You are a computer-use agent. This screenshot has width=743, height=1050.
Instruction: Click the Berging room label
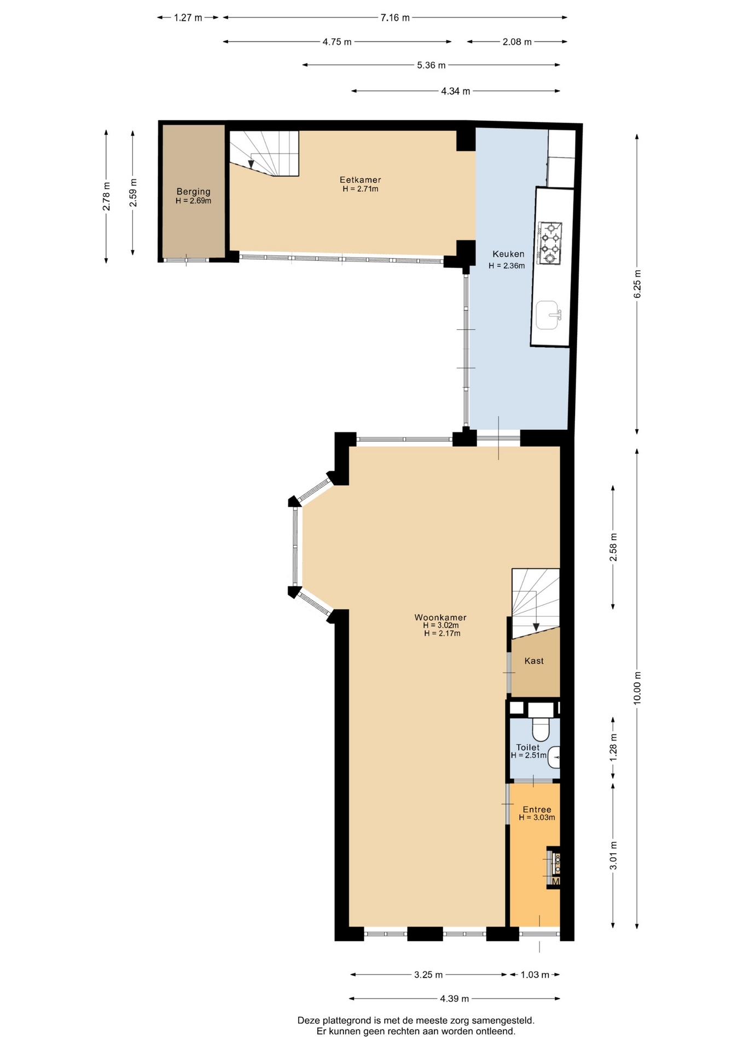pyautogui.click(x=193, y=191)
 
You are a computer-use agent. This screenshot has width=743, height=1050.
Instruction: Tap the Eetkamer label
pyautogui.click(x=360, y=179)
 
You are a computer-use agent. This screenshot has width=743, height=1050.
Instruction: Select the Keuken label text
pyautogui.click(x=508, y=254)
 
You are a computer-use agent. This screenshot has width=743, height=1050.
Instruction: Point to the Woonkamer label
pyautogui.click(x=440, y=617)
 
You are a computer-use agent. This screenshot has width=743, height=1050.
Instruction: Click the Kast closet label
pyautogui.click(x=534, y=661)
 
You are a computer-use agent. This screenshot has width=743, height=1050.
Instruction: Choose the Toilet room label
pyautogui.click(x=528, y=747)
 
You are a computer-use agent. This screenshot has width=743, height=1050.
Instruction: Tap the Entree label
pyautogui.click(x=537, y=809)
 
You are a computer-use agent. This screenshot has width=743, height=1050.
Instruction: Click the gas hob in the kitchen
pyautogui.click(x=550, y=243)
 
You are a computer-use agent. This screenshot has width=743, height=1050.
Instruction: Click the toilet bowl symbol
pyautogui.click(x=541, y=730)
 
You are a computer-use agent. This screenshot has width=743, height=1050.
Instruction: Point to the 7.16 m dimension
pyautogui.click(x=395, y=17)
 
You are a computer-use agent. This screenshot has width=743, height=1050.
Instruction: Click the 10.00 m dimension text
pyautogui.click(x=637, y=688)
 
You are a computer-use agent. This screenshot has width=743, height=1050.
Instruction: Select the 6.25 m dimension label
pyautogui.click(x=637, y=283)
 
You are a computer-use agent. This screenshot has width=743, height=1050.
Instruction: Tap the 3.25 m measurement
pyautogui.click(x=428, y=975)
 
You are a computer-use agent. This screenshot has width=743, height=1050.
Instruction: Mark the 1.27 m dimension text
pyautogui.click(x=188, y=17)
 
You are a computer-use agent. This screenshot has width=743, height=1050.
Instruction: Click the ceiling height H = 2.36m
pyautogui.click(x=507, y=266)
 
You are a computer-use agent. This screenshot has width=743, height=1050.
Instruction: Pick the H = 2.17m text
pyautogui.click(x=442, y=633)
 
